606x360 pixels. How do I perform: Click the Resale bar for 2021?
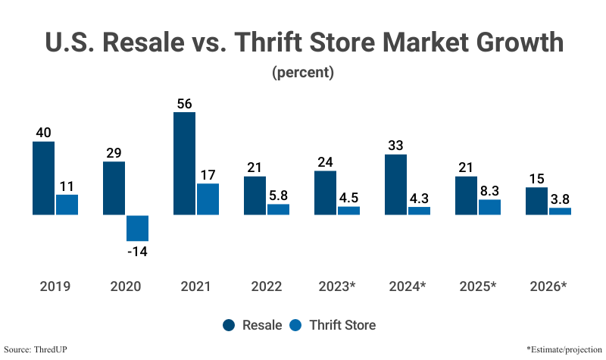(184, 164)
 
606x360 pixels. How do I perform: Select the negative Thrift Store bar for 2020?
(137, 228)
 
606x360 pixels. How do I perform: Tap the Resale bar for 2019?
(43, 178)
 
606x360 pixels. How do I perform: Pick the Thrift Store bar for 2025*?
(489, 207)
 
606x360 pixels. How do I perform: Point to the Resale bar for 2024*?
(395, 184)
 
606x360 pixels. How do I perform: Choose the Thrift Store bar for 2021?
(208, 199)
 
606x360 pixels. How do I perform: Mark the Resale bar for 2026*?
(536, 201)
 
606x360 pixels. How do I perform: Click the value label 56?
(184, 103)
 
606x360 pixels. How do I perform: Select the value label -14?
(137, 251)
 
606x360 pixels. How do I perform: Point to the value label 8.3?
(489, 189)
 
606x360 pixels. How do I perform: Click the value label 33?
(395, 145)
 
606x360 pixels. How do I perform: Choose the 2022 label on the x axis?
(266, 286)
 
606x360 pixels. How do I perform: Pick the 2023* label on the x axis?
(336, 286)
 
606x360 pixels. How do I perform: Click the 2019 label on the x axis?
(55, 286)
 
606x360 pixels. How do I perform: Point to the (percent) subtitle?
(302, 74)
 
